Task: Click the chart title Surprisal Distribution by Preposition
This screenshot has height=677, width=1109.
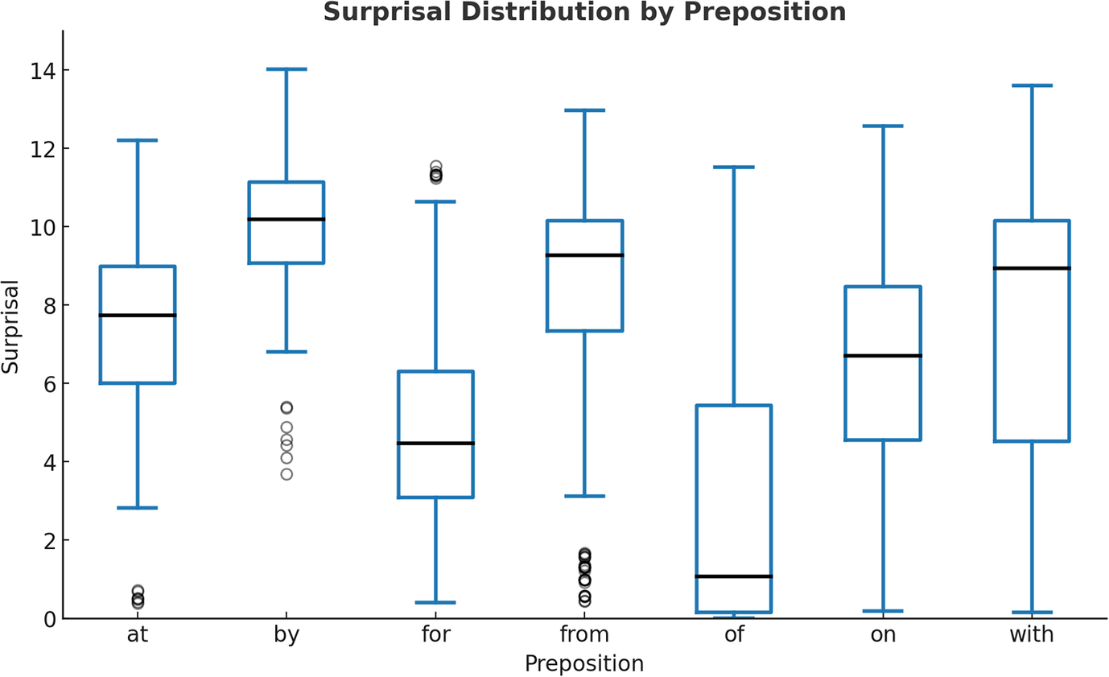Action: point(583,12)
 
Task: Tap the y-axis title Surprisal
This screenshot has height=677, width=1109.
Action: point(10,327)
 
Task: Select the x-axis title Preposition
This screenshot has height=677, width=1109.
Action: point(583,664)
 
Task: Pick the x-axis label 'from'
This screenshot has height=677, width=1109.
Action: point(584,635)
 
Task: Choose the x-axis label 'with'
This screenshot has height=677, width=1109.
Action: point(1031,635)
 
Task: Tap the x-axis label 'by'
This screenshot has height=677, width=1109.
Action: point(287,635)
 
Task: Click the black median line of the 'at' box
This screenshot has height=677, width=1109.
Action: point(138,316)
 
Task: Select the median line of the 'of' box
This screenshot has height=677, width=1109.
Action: point(734,576)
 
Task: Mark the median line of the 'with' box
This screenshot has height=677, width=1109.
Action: point(1032,268)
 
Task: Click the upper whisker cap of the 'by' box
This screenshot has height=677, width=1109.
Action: point(287,70)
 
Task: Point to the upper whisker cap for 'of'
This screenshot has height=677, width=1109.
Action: point(734,167)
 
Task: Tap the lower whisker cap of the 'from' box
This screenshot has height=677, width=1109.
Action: point(584,496)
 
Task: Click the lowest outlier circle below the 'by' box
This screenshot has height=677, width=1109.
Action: point(287,474)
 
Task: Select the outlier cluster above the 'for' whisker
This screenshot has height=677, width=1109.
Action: point(435,173)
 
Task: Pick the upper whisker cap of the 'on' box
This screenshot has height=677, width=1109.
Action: point(883,126)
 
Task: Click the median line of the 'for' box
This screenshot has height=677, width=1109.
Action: point(435,444)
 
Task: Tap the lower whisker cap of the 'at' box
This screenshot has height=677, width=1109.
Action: point(138,508)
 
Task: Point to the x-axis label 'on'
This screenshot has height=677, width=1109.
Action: point(883,635)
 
